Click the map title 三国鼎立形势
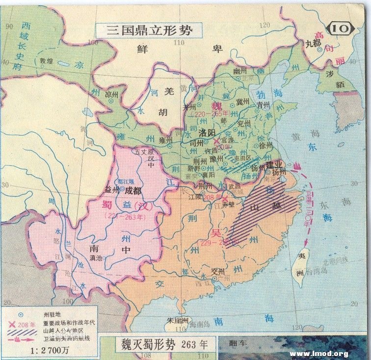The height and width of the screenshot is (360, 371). pyautogui.click(x=150, y=29)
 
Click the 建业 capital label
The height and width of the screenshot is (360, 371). pyautogui.click(x=275, y=164)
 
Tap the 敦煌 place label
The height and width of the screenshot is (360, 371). pyautogui.click(x=46, y=61)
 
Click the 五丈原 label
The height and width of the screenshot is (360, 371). pyautogui.click(x=144, y=152)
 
